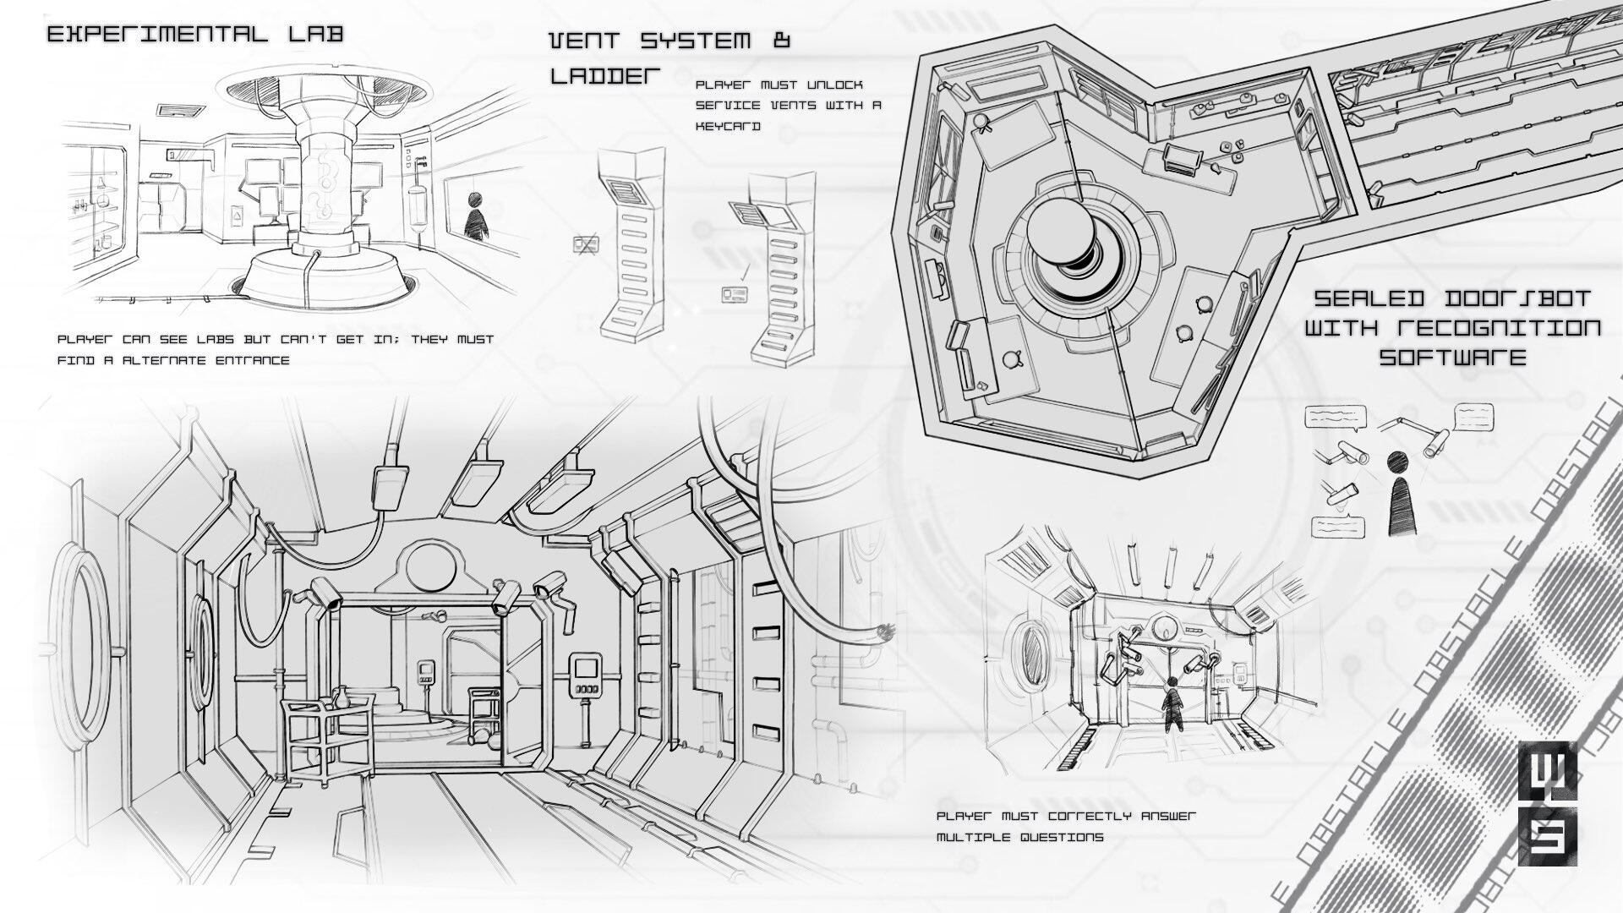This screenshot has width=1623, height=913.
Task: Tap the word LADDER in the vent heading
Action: [604, 75]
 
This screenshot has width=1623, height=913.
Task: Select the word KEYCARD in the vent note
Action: [728, 126]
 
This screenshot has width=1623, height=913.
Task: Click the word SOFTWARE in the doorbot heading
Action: [1452, 357]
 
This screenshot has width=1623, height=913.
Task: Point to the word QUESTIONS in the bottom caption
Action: [1061, 837]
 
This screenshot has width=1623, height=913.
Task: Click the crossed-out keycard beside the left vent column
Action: [586, 245]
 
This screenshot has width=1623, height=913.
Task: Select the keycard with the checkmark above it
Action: [734, 295]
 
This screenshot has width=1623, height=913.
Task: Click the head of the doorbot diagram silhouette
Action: [1397, 462]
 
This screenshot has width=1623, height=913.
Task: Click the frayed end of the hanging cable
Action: [887, 630]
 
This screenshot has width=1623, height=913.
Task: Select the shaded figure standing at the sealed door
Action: [1174, 706]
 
